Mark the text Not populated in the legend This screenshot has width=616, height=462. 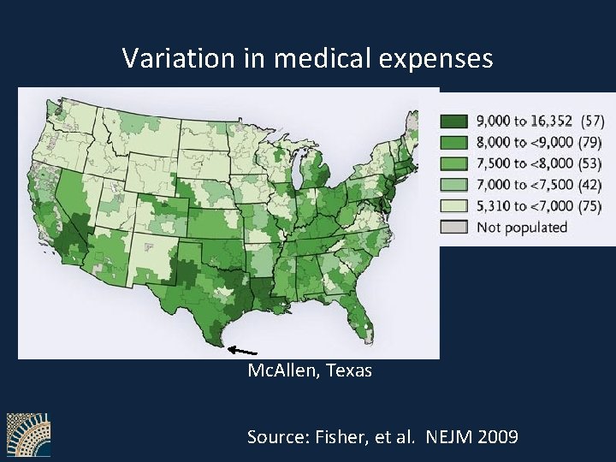(x=522, y=227)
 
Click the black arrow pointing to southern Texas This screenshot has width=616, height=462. (x=244, y=350)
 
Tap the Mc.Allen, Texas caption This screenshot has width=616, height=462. (x=309, y=371)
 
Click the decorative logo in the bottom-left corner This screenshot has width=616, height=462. (x=28, y=435)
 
